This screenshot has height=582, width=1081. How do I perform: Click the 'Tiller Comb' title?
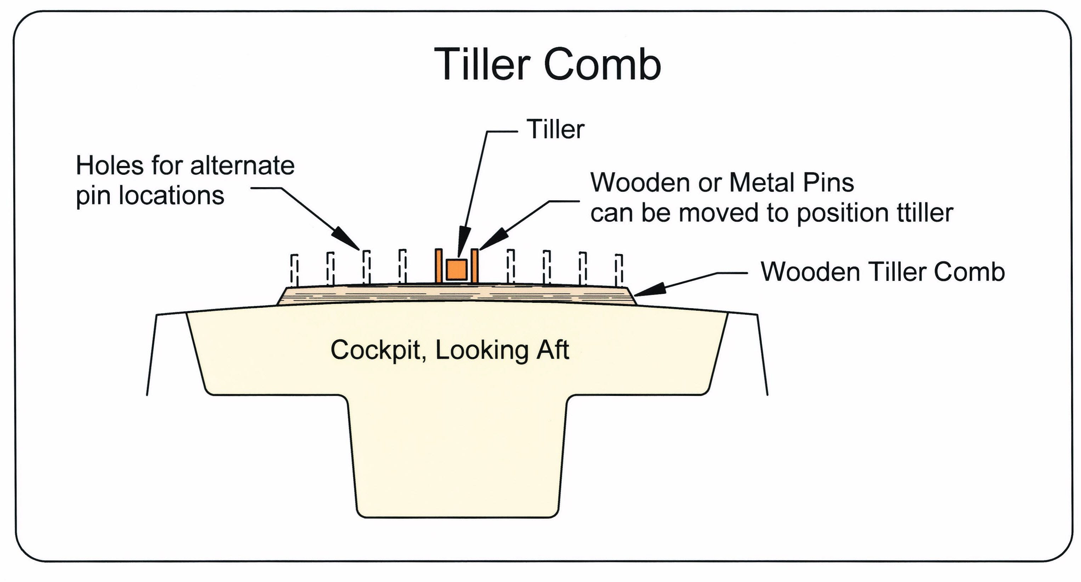click(548, 64)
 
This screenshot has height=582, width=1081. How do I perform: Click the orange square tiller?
click(457, 269)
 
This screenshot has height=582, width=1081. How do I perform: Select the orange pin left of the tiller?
click(438, 266)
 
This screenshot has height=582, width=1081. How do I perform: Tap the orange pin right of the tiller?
click(475, 266)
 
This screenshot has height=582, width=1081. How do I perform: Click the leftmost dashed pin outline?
click(295, 270)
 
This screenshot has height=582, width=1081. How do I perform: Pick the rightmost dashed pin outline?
click(619, 270)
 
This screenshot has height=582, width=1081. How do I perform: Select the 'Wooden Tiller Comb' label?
click(883, 272)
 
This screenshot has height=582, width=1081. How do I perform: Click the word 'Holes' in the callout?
click(110, 166)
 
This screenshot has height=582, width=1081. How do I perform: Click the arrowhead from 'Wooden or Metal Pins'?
click(492, 240)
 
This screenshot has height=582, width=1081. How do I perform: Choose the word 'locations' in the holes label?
click(172, 195)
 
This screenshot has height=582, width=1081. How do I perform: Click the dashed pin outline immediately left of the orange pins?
click(402, 267)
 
